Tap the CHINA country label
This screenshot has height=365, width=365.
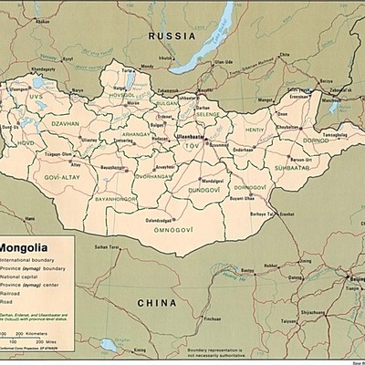click(x=156, y=302)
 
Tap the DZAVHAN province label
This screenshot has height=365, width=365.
click(x=66, y=123)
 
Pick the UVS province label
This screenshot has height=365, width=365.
click(x=36, y=96)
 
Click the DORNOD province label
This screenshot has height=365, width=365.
click(x=289, y=140)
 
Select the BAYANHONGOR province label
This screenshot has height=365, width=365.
click(x=115, y=198)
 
